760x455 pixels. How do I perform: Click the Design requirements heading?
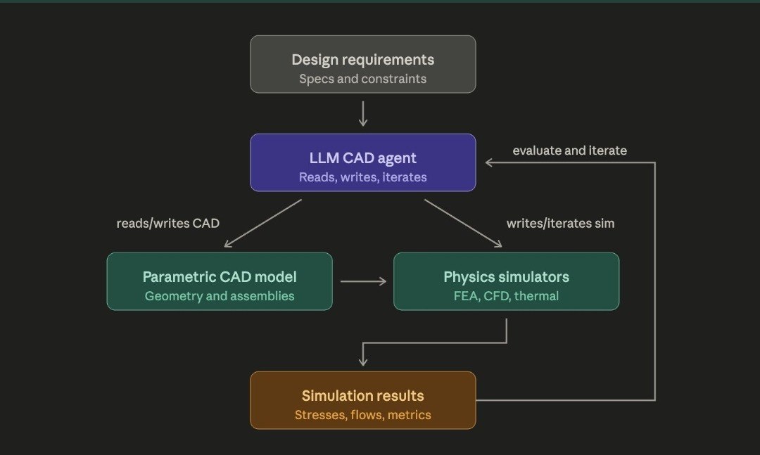pos(362,60)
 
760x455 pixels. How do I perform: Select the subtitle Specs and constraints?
pos(362,79)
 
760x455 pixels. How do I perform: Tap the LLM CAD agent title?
pos(362,158)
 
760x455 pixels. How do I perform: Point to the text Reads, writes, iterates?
pos(362,177)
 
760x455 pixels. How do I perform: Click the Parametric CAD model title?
pos(220,277)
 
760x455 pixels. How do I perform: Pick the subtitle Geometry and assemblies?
pos(220,296)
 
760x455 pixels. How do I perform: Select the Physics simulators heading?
pos(506,277)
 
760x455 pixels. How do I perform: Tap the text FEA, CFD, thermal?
pos(506,296)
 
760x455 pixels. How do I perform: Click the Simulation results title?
pos(362,396)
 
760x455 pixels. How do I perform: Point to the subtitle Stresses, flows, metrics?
pos(362,415)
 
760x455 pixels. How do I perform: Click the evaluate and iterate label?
pos(569,150)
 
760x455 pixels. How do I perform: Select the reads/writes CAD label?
pos(168,224)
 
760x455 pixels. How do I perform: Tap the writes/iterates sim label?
pos(560,224)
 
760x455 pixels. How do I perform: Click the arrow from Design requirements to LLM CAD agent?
pos(363,113)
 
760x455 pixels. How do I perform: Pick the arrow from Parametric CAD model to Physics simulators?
pos(363,281)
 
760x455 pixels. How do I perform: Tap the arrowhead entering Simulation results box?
pos(363,361)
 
